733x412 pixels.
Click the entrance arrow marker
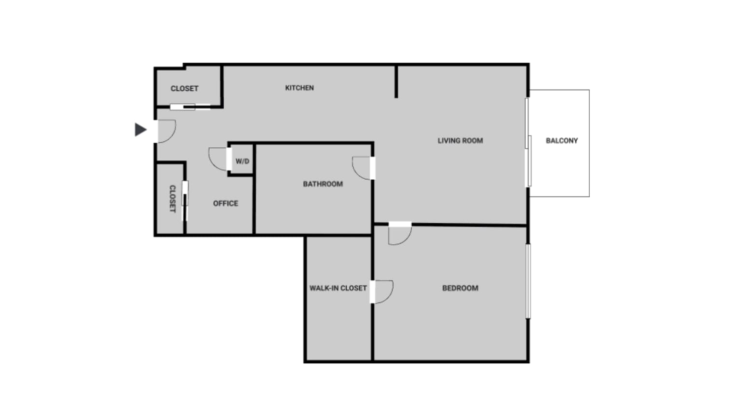(140, 130)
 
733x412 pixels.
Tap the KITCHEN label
(299, 88)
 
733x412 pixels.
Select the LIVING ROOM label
(461, 141)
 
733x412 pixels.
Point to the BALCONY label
(562, 141)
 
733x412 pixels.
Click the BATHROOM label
(323, 184)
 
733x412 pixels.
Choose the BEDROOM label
(461, 288)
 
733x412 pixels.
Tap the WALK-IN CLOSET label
(338, 288)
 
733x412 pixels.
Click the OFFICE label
(226, 203)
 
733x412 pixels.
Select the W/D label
(243, 161)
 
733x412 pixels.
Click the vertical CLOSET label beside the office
(173, 199)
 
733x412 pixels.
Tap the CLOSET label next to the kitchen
(185, 88)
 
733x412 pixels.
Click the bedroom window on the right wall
(528, 281)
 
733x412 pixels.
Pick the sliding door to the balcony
(528, 142)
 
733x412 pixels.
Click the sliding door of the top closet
(190, 107)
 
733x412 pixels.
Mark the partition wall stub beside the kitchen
(396, 82)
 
